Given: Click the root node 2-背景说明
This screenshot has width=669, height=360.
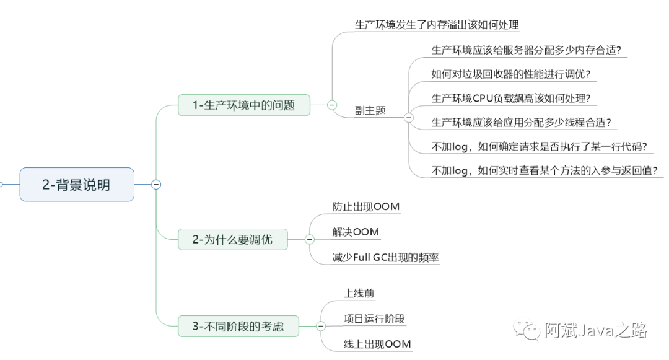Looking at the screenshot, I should pos(77,184).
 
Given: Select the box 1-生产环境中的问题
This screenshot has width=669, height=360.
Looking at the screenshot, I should pos(243,105).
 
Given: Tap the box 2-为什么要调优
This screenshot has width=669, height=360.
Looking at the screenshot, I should pos(232,239).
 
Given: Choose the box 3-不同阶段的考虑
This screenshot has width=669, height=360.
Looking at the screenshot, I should pos(238,326).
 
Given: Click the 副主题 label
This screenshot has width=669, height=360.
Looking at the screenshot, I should pos(370,110).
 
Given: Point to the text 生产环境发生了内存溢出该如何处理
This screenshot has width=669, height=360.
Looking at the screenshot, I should pos(437,25).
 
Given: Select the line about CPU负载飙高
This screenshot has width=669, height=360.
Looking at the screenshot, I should pos(511,99).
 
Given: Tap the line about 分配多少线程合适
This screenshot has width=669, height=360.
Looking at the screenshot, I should pos(522,122).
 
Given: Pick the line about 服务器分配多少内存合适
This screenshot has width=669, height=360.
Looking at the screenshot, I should pos(527,50).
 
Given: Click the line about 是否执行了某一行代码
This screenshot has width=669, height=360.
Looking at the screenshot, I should pos(540,147).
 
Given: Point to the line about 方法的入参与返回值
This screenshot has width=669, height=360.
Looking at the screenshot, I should pos(544,170).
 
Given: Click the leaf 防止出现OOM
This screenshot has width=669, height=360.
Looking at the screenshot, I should pos(365,206).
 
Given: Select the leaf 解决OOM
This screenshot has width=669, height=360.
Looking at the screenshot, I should pos(356,232).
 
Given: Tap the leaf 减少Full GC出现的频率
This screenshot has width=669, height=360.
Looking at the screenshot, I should pos(385,257).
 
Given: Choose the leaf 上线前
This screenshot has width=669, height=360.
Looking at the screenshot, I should pos(359,293).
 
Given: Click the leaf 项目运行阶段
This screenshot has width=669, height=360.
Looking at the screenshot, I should pos(374,318).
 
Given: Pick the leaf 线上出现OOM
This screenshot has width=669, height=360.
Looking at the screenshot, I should pos(377,344).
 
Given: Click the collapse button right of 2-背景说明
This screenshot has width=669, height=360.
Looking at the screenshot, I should pos(156,184).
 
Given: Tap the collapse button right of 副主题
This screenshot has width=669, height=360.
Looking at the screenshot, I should pos(408,117).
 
